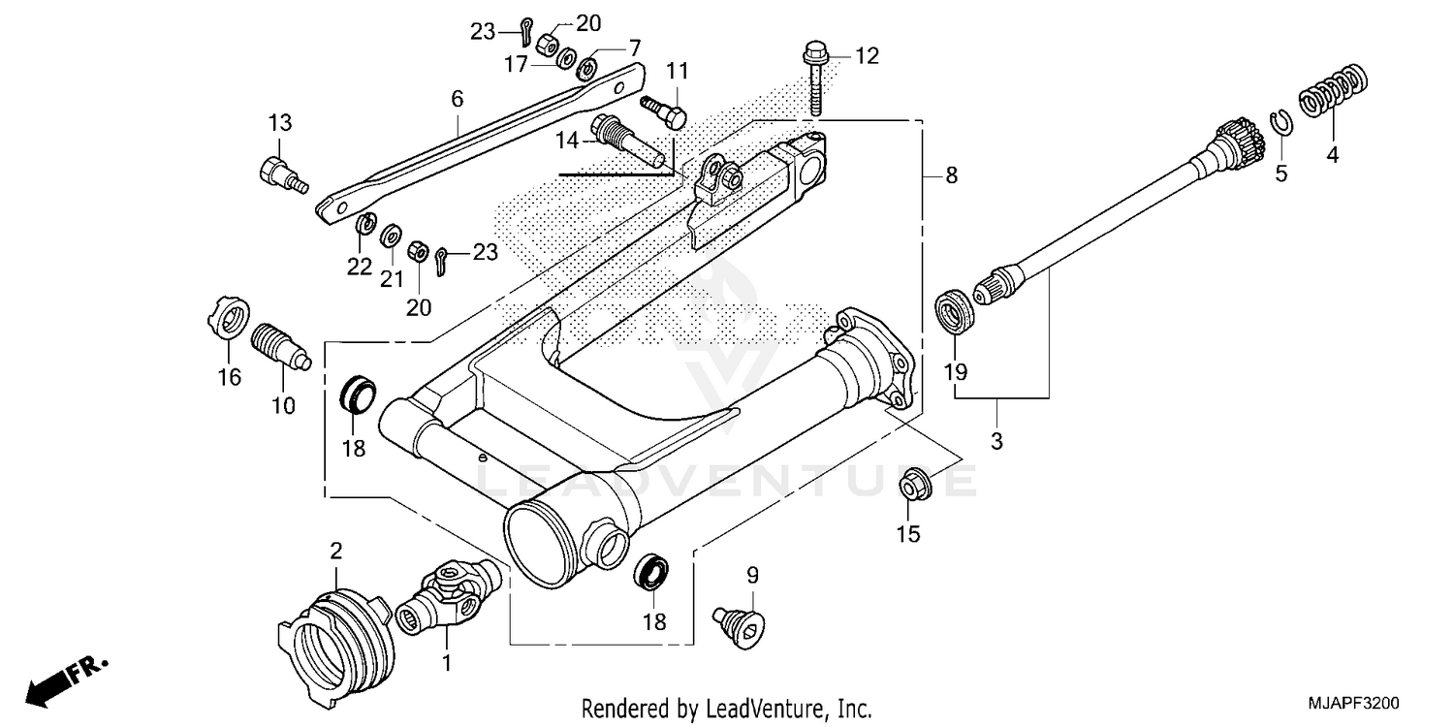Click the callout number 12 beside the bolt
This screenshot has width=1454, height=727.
coord(866,56)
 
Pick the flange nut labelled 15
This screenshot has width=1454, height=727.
coord(913,485)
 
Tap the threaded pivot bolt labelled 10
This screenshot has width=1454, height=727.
coord(279,348)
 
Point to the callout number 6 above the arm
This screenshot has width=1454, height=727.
coord(457,98)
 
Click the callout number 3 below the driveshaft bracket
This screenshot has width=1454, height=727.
coord(996,441)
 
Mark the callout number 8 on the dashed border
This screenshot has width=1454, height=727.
coord(951,175)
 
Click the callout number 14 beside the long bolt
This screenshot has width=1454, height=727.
coord(567,142)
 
